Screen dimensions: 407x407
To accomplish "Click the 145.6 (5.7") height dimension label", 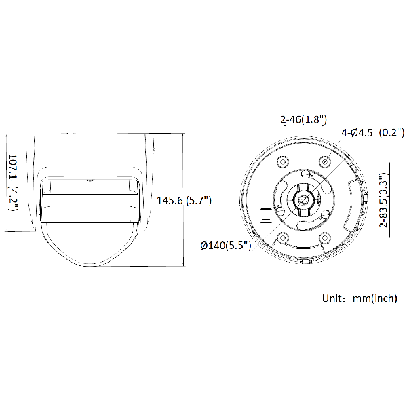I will point(185,200).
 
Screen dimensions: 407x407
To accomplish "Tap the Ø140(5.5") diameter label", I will point(226,246).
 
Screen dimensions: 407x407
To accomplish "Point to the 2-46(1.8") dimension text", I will point(303,119).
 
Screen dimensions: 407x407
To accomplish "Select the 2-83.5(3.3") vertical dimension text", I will point(383,197).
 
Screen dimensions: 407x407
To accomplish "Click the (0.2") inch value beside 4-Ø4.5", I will point(391,132).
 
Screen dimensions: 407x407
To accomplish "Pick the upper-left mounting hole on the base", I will point(281,162).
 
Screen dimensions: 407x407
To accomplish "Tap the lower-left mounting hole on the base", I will point(281,237).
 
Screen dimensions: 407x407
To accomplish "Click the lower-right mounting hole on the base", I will point(325,237).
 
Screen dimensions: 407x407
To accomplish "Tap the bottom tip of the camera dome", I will point(91,266).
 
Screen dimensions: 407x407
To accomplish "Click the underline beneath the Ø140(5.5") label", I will point(226,252).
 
